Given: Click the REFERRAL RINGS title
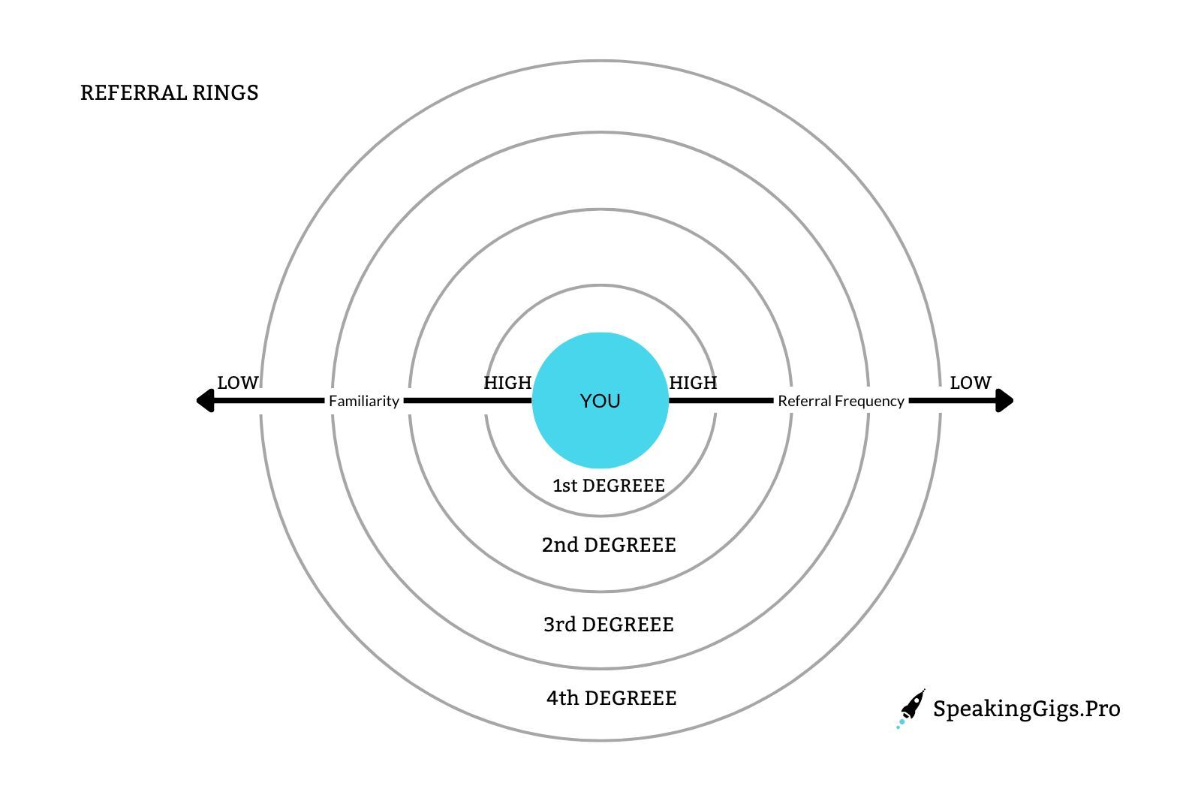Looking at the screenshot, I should tap(169, 92).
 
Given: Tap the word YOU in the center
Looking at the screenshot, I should tap(600, 401).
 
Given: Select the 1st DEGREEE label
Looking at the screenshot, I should tap(608, 486).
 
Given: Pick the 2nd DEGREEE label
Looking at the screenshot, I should tap(608, 545).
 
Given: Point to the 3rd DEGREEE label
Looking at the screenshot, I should tap(608, 625).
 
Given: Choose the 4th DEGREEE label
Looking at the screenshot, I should tap(611, 698).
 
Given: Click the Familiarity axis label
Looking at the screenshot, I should tap(364, 401).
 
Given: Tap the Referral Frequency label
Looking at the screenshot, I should tap(841, 401).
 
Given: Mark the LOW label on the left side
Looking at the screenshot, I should tap(237, 383).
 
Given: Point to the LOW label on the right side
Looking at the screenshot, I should tap(970, 383).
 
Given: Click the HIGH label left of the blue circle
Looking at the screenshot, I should tap(507, 383).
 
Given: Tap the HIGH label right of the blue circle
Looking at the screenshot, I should tap(693, 383).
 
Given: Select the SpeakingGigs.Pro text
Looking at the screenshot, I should tap(1026, 709).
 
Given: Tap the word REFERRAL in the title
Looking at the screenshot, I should tap(133, 92).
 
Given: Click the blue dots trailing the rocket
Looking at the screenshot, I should tap(900, 724).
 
